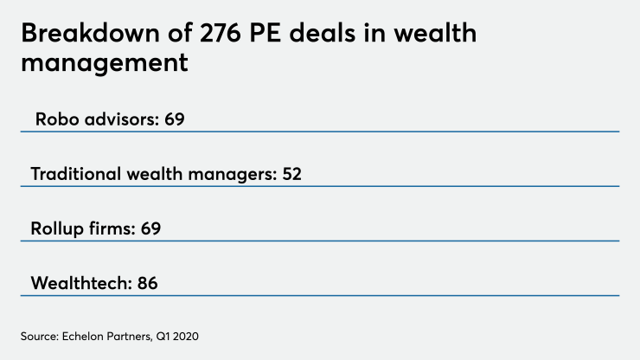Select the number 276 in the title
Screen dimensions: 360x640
pyautogui.click(x=236, y=35)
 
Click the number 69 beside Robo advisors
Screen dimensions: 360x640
pyautogui.click(x=175, y=119)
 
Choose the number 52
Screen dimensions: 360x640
pyautogui.click(x=291, y=174)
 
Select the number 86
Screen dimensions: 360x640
pyautogui.click(x=148, y=283)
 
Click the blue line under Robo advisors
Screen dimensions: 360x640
pyautogui.click(x=320, y=132)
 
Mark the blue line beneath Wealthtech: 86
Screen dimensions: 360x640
pyautogui.click(x=320, y=296)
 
